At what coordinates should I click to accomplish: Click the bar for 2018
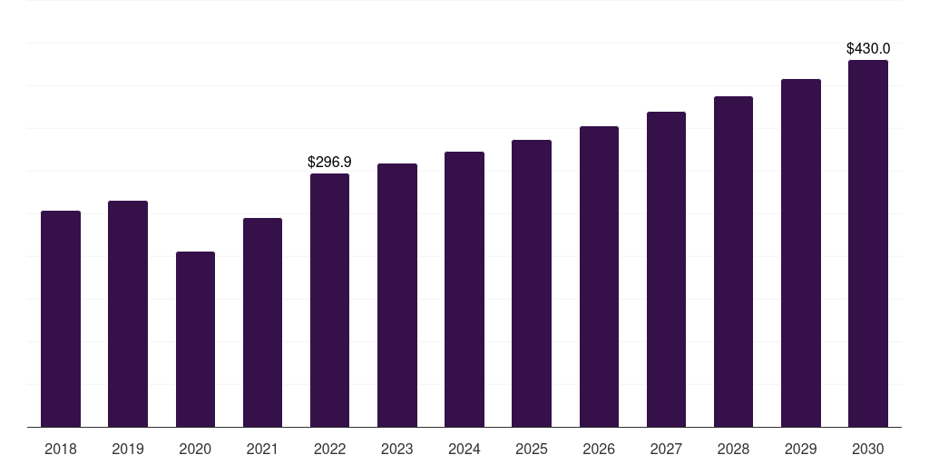tap(61, 319)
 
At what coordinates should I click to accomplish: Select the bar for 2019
tap(128, 313)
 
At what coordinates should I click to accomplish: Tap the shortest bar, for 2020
tap(195, 339)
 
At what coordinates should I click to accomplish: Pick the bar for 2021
tap(262, 322)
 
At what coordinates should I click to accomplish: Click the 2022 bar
tap(329, 300)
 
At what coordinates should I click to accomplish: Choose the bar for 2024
tap(464, 289)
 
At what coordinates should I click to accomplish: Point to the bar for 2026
tap(599, 276)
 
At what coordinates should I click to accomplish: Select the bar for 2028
tap(733, 262)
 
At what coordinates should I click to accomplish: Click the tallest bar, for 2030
tap(868, 243)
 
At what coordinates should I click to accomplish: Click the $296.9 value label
tap(329, 163)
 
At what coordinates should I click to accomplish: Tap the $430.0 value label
tap(868, 49)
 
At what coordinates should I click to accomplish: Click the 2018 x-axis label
tap(61, 449)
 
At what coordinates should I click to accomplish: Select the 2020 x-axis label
tap(195, 449)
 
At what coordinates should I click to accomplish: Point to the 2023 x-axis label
tap(397, 449)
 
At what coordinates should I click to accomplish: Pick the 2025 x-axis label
tap(532, 449)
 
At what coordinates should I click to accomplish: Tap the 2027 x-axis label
tap(666, 449)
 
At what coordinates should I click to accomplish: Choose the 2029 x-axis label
tap(801, 449)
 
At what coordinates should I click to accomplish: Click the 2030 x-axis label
tap(868, 449)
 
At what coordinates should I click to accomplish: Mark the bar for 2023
tap(397, 295)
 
